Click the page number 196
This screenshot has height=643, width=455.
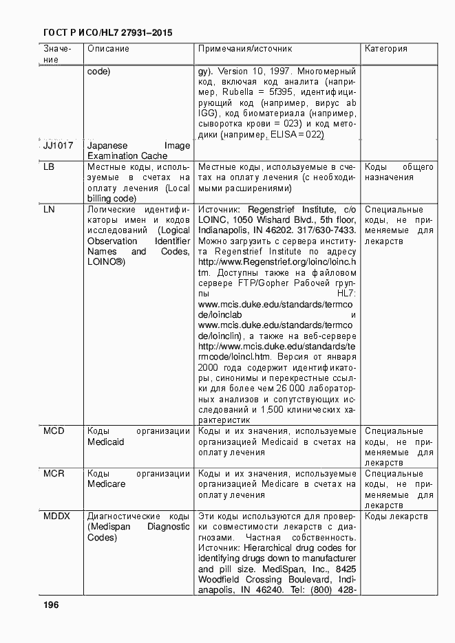(x=50, y=604)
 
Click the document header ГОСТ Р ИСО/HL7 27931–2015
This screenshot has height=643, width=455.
(x=107, y=32)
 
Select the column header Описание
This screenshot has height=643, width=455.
(x=108, y=50)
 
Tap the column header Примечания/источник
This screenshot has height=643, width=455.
(x=245, y=50)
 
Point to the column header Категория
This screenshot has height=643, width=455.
(x=385, y=50)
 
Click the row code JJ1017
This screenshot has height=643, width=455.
(x=59, y=146)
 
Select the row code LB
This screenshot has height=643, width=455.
(x=49, y=167)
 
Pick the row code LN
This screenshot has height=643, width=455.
(x=49, y=209)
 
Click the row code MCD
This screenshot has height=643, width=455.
(x=54, y=431)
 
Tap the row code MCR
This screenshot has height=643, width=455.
(x=54, y=474)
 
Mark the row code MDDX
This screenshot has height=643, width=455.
(x=57, y=516)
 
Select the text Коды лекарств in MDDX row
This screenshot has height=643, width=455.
(x=396, y=516)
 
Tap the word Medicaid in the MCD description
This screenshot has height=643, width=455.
(x=106, y=442)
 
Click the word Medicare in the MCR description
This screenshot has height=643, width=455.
(x=106, y=484)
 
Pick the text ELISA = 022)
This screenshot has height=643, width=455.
(x=298, y=135)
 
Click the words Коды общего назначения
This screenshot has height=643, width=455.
(x=399, y=172)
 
